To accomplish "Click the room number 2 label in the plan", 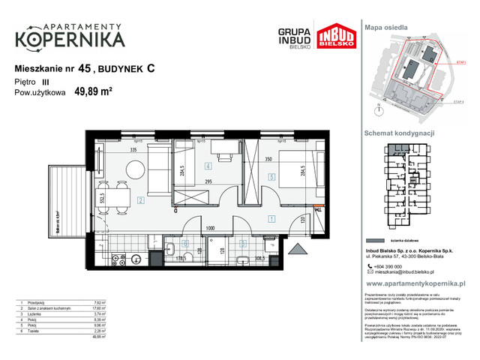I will pyautogui.click(x=141, y=200).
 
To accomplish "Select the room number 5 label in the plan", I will pyautogui.click(x=271, y=178).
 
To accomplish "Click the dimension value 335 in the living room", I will pyautogui.click(x=132, y=151).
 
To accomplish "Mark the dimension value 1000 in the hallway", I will pyautogui.click(x=212, y=229).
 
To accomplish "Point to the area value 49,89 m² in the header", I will pyautogui.click(x=92, y=93).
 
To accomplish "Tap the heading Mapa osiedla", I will pyautogui.click(x=386, y=27).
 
